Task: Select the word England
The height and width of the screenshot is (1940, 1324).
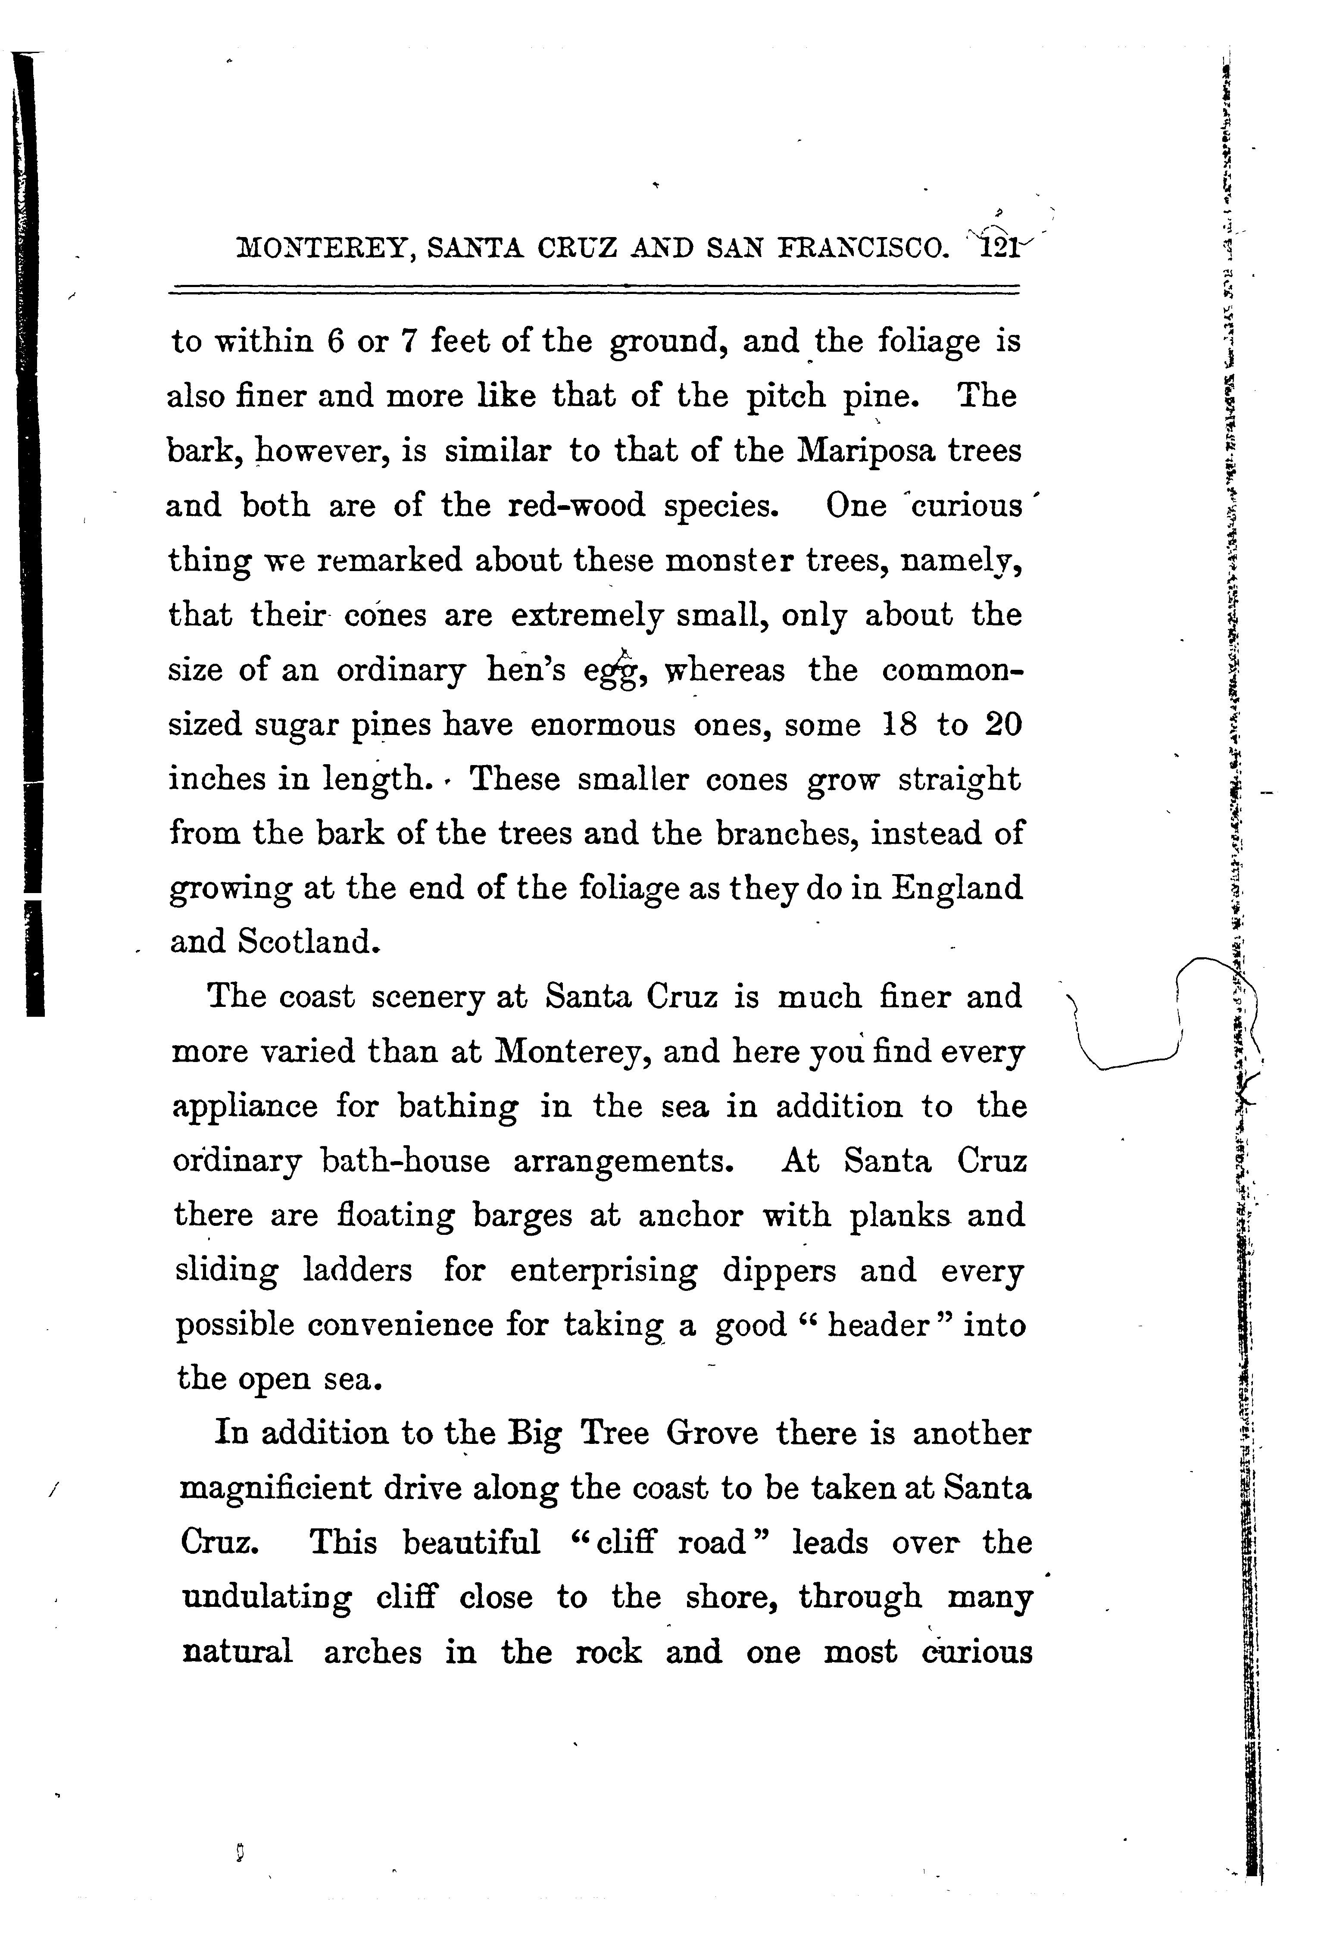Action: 957,887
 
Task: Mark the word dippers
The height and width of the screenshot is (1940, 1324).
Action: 779,1271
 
